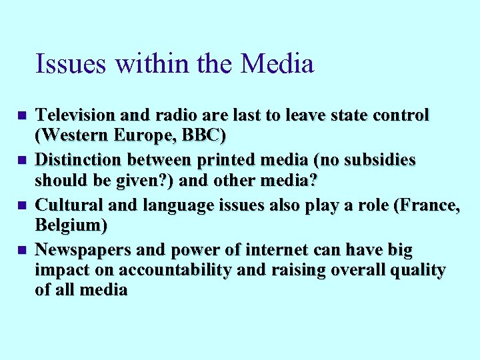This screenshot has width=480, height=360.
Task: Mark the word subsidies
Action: [379, 161]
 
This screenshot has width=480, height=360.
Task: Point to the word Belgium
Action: [70, 226]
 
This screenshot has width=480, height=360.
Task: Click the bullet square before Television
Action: [22, 116]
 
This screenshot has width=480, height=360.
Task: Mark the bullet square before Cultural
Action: [22, 206]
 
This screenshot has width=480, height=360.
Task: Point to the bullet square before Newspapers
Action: [22, 251]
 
